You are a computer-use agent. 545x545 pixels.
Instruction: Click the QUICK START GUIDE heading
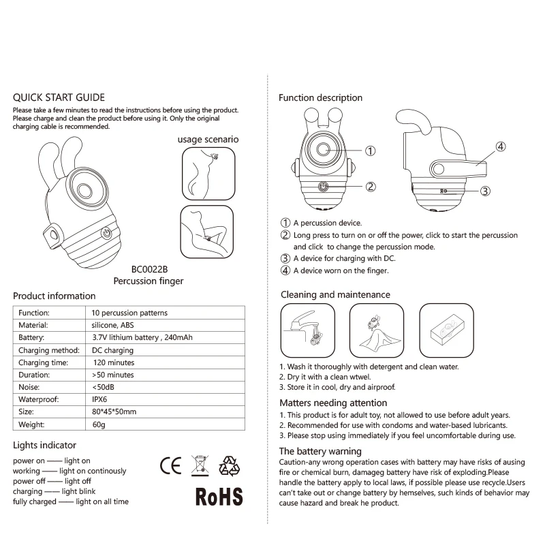click(x=59, y=97)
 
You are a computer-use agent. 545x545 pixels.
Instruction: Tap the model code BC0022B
click(x=149, y=268)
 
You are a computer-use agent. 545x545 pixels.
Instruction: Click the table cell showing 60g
click(x=99, y=424)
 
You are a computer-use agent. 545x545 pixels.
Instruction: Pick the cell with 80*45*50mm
click(x=114, y=411)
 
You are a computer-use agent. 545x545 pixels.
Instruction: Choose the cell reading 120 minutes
click(x=114, y=362)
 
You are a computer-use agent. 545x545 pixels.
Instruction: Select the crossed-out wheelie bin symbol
click(x=199, y=465)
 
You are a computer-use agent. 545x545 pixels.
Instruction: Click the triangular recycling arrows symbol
click(x=229, y=465)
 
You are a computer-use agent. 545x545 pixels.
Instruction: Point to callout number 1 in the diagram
click(x=371, y=151)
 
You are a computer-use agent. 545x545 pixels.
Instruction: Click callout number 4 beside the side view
click(x=500, y=146)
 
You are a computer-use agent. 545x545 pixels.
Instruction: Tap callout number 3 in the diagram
click(x=485, y=191)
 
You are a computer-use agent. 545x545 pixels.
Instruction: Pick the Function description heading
click(x=320, y=98)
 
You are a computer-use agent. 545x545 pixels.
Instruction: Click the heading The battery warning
click(x=320, y=451)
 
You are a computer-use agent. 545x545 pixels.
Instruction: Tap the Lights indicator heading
click(x=44, y=446)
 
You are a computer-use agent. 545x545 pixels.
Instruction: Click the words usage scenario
click(x=208, y=139)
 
